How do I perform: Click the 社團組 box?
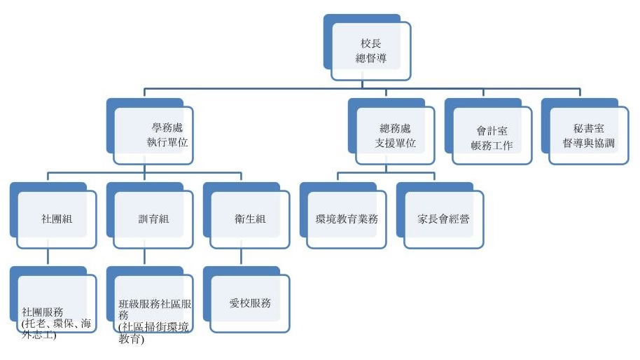[57, 219]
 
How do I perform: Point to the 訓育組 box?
[153, 219]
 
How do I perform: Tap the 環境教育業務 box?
[347, 219]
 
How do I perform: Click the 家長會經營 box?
[443, 219]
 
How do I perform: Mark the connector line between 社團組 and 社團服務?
[48, 257]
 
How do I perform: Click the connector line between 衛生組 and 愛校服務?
[242, 257]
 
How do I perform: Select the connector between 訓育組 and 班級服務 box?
[145, 257]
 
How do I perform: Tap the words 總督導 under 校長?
[370, 60]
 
